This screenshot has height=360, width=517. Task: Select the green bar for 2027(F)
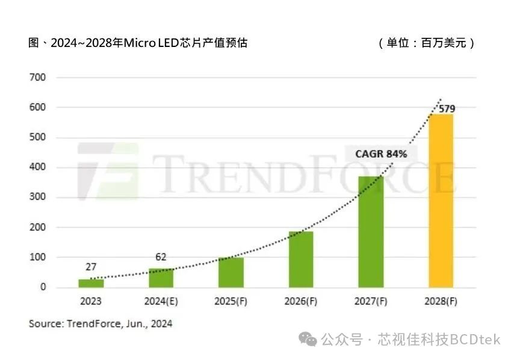pos(371,232)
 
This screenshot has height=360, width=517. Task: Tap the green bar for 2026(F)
pos(301,259)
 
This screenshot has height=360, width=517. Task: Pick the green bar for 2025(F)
pos(231,272)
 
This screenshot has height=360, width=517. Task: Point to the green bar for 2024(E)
pos(161,278)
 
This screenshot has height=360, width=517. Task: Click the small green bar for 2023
pos(91,284)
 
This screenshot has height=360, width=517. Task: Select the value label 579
pos(447,109)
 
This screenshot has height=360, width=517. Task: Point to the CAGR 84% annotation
pos(381,154)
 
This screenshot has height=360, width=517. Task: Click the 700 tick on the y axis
pos(39,78)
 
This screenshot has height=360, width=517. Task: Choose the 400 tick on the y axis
pos(39,167)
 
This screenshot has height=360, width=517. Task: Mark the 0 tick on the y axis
pos(43,287)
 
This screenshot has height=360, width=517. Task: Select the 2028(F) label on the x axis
pos(441,301)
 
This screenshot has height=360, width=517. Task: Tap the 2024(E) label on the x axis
pos(161,301)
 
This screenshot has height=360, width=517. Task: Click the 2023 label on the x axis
pos(91,301)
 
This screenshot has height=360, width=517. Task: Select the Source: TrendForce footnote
pos(101,324)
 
